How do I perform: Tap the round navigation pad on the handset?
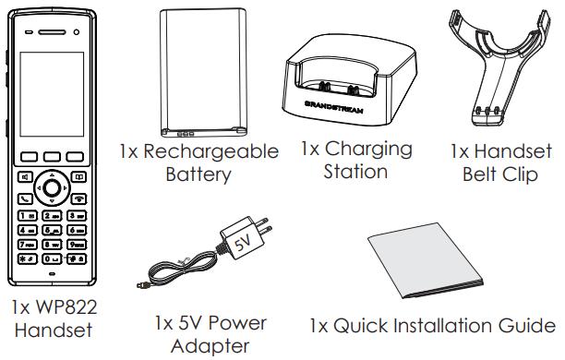[x=54, y=187]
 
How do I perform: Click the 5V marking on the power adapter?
[x=242, y=245]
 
